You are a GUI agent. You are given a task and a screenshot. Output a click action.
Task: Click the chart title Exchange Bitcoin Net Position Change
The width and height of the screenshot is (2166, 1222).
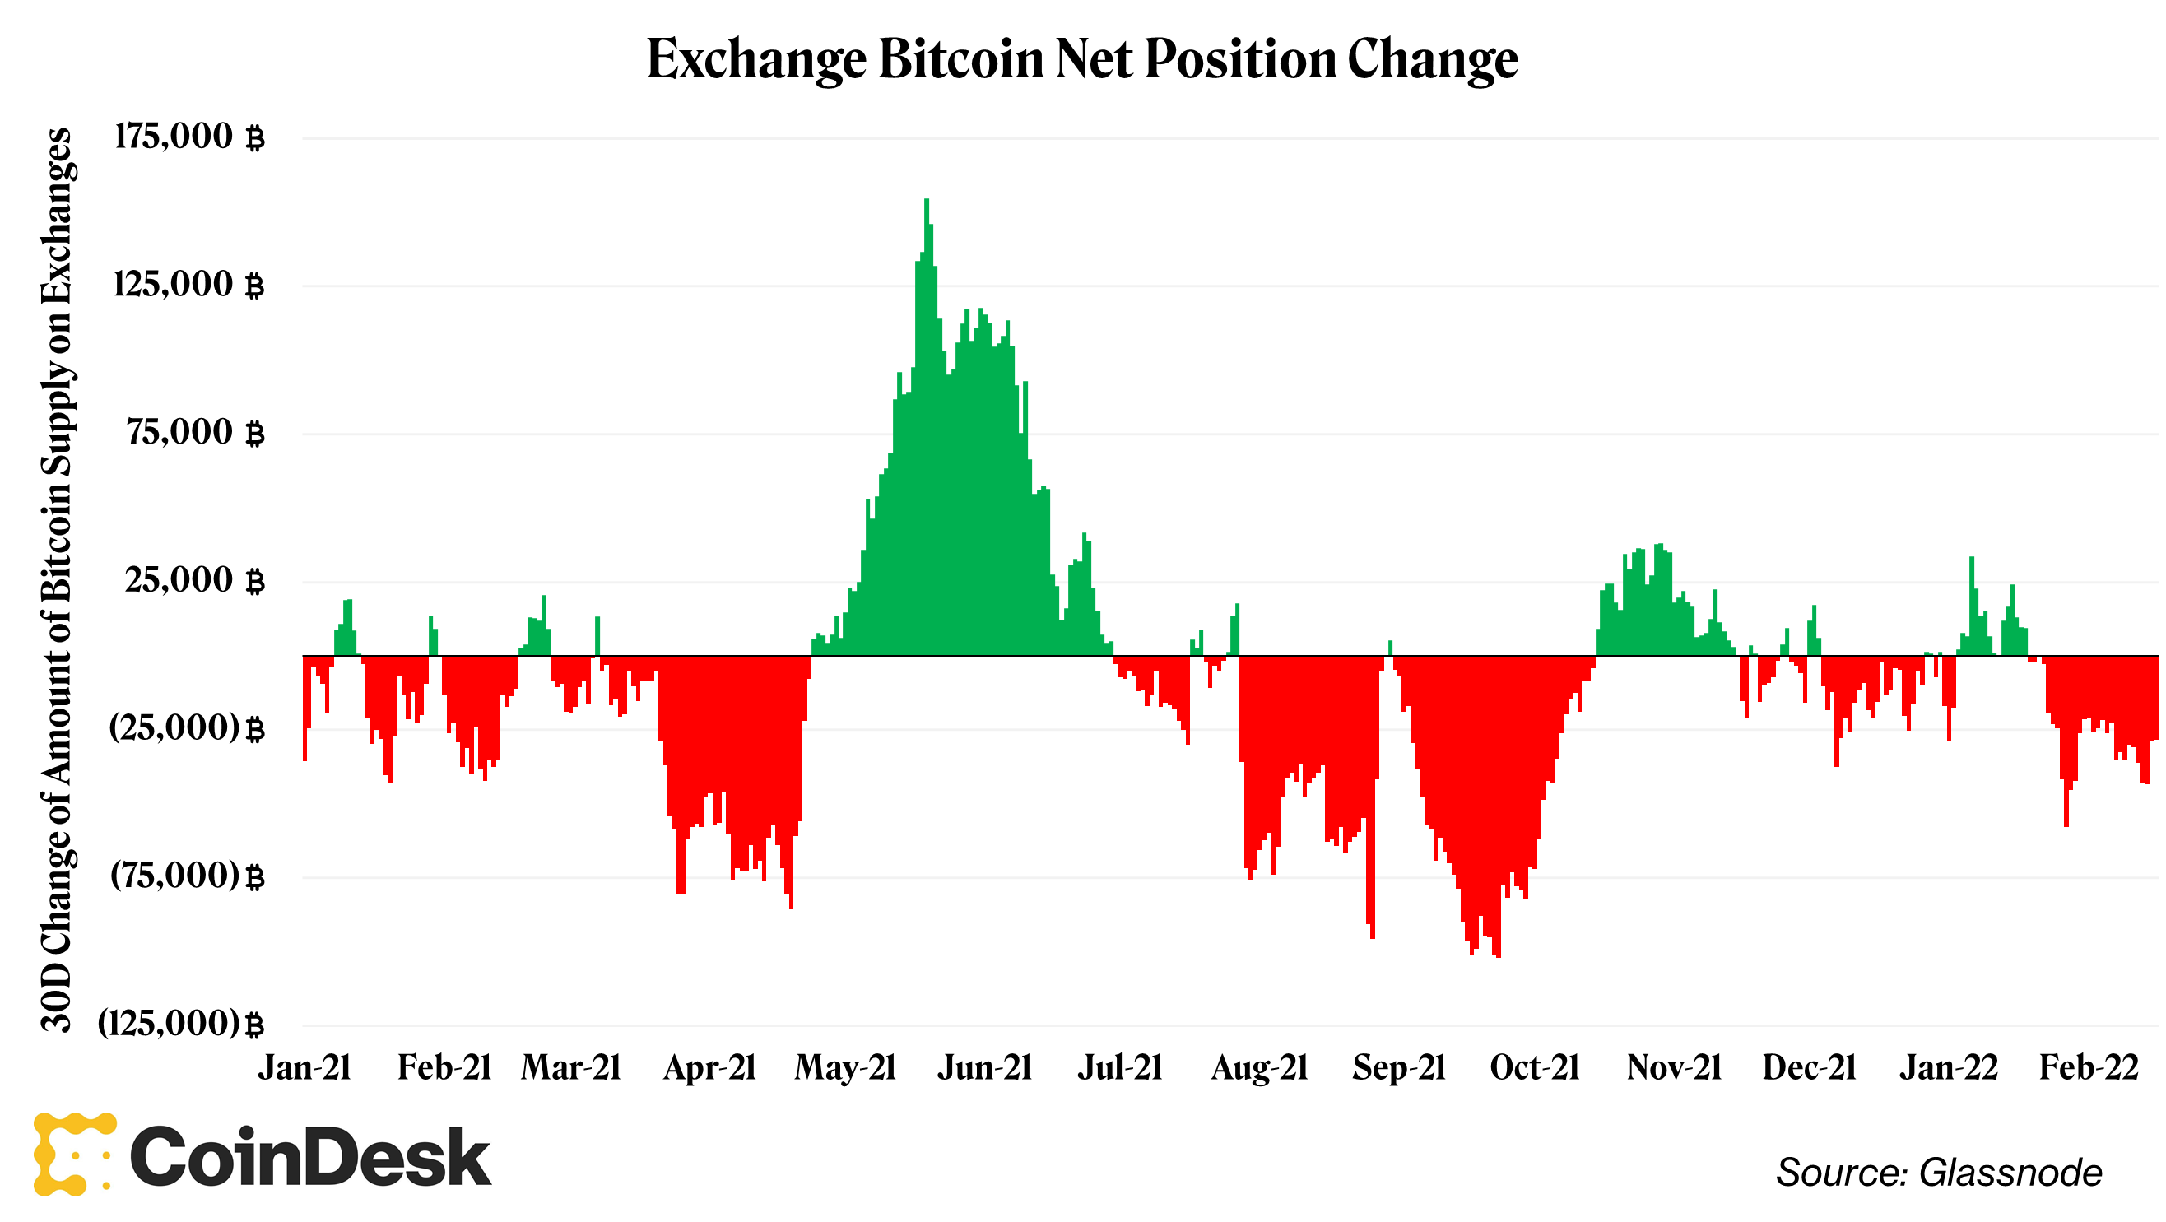(1082, 59)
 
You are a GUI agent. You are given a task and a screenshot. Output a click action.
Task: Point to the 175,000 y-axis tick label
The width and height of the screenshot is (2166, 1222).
(188, 137)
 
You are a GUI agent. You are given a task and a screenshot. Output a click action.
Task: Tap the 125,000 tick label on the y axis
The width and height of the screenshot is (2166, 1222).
(188, 284)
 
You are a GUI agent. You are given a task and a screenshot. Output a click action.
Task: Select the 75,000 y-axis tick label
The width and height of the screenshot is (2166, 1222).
(195, 432)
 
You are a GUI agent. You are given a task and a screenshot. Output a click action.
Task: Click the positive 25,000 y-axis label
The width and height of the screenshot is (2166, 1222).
(194, 580)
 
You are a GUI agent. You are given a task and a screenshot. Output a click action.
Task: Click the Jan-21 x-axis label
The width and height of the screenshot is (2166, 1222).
(304, 1068)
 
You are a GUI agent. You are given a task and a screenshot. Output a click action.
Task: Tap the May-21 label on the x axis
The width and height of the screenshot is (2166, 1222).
(845, 1068)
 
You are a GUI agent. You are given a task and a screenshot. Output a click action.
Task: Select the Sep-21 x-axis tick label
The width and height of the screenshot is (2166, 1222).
(1398, 1068)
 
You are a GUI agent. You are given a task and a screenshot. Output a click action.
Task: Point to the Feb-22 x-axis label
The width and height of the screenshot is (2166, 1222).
(2089, 1068)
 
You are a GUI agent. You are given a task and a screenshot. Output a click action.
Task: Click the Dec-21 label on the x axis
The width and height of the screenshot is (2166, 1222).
(1809, 1068)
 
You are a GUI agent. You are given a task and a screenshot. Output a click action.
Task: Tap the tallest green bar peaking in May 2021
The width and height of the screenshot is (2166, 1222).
(927, 420)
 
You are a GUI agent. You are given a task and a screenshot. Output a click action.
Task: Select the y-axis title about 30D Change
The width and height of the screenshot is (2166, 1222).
(57, 580)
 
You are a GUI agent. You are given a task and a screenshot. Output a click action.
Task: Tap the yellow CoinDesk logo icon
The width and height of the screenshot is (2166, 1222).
(74, 1154)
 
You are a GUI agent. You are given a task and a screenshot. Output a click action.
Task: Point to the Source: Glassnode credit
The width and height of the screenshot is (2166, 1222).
(1938, 1173)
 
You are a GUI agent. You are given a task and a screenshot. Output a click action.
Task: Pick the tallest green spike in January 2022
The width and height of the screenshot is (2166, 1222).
(1971, 606)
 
